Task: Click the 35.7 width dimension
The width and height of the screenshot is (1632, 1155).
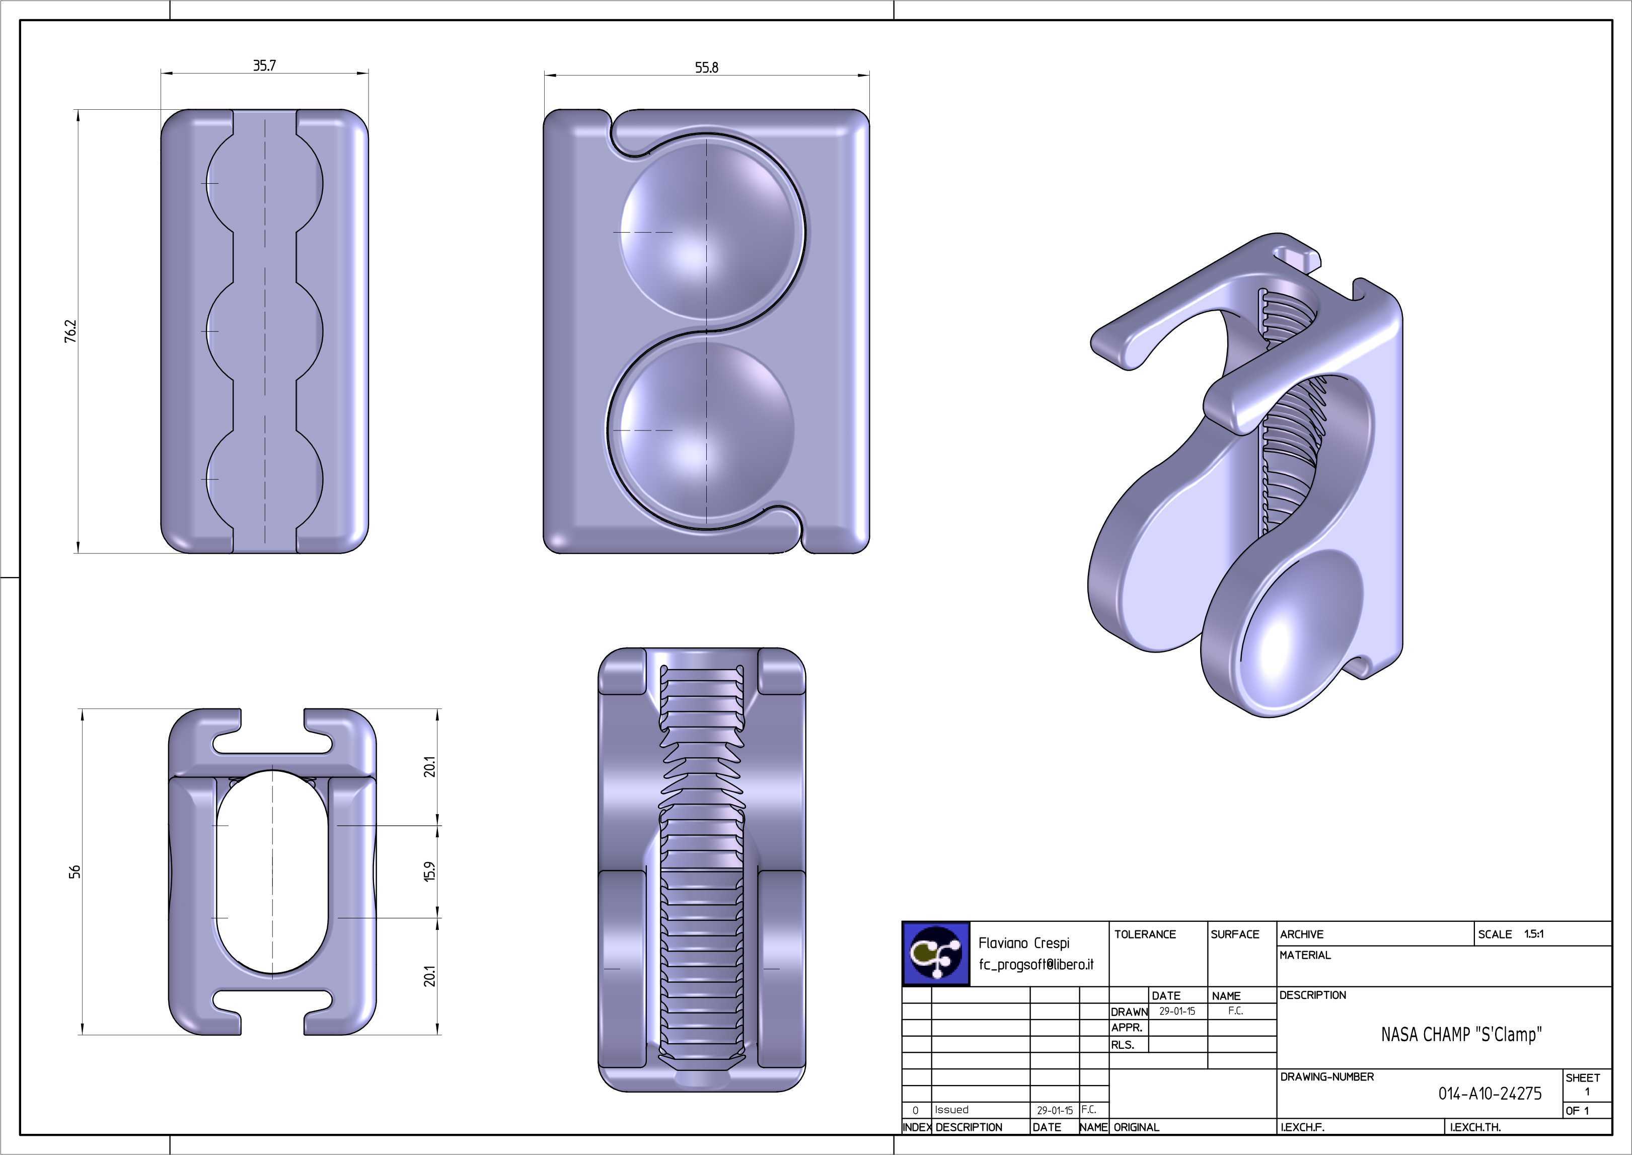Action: coord(265,65)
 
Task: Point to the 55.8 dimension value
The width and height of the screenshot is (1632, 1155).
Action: coord(706,67)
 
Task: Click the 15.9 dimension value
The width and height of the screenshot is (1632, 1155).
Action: coord(429,872)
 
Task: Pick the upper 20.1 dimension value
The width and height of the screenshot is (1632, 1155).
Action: coord(429,767)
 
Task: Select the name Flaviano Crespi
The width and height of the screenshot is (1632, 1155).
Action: coord(1024,943)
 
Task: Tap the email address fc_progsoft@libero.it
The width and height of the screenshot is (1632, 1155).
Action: coord(1036,965)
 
